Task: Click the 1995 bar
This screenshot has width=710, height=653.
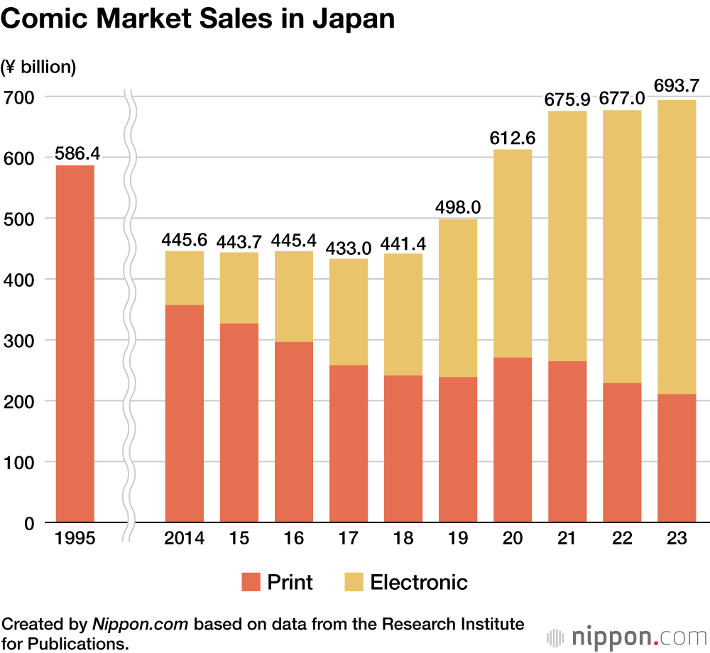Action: (x=75, y=344)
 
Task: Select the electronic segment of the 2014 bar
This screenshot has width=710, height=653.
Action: (x=184, y=278)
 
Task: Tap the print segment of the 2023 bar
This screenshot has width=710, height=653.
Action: (x=677, y=458)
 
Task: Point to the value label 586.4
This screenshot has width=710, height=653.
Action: (x=75, y=153)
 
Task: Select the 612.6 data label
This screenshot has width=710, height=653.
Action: (x=512, y=137)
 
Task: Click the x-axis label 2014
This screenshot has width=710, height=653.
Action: (x=184, y=539)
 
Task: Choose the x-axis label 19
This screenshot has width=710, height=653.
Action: (x=458, y=539)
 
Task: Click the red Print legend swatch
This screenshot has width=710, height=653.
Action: (x=251, y=583)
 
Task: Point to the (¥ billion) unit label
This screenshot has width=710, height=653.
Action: (x=39, y=67)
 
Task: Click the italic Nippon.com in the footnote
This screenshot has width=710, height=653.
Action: (x=140, y=625)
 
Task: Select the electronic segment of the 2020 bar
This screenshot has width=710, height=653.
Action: (x=513, y=253)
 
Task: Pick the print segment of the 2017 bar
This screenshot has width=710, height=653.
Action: (x=349, y=444)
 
